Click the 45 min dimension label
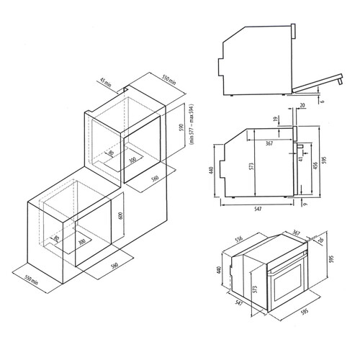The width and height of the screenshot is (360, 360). point(106,82)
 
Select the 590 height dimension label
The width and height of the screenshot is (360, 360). point(181,127)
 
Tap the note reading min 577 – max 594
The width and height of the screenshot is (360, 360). point(192,124)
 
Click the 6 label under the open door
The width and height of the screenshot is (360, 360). point(323,101)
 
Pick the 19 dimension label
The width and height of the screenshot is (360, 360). point(276,119)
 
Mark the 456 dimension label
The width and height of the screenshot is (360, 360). point(315,166)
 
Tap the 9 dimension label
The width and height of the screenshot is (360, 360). point(305,204)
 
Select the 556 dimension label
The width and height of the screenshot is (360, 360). point(239,240)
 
